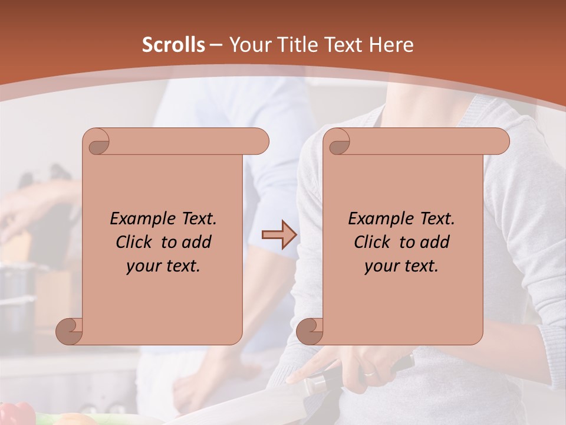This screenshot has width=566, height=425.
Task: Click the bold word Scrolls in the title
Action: pyautogui.click(x=173, y=45)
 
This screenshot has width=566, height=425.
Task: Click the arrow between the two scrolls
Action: pyautogui.click(x=279, y=235)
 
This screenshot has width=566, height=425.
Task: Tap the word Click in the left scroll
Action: pyautogui.click(x=135, y=242)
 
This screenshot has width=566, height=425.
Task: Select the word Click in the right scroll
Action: pyautogui.click(x=373, y=242)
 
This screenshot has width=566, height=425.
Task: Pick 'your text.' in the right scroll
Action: pyautogui.click(x=402, y=266)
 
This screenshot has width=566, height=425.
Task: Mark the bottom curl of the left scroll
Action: pyautogui.click(x=68, y=332)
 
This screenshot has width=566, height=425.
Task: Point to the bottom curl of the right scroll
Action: pyautogui.click(x=309, y=332)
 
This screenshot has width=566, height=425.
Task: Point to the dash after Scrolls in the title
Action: pyautogui.click(x=216, y=45)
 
